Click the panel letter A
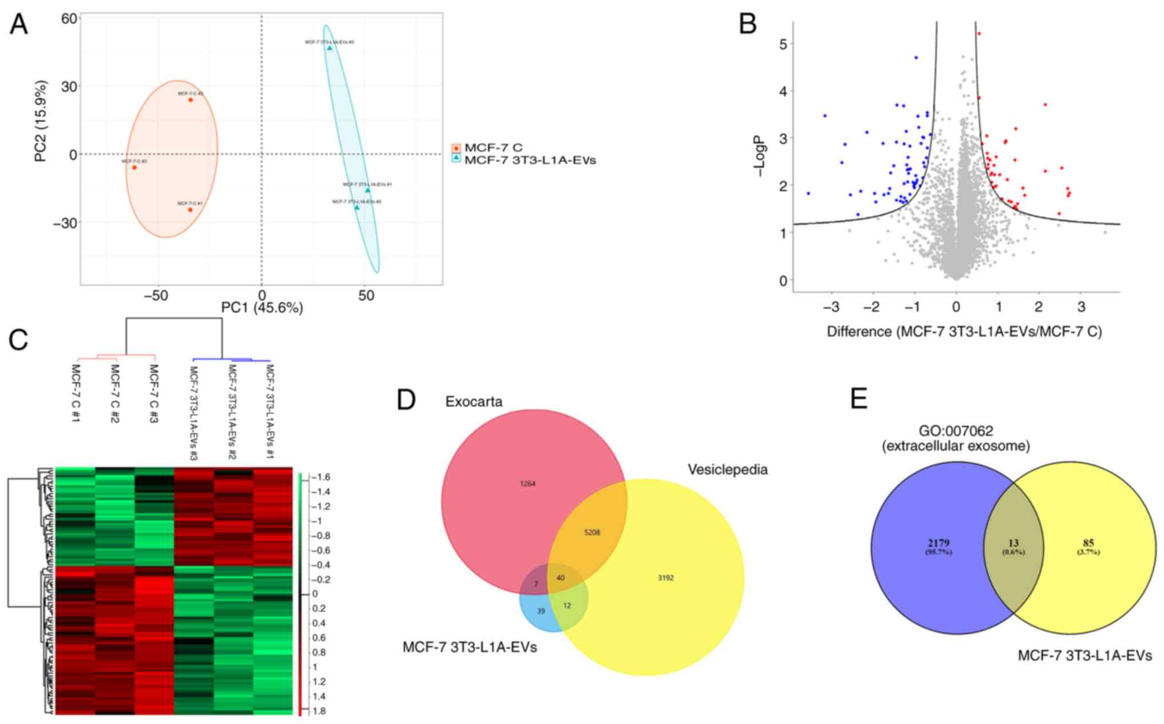pyautogui.click(x=19, y=25)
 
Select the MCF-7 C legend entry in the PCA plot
pyautogui.click(x=493, y=148)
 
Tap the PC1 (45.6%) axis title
pyautogui.click(x=262, y=308)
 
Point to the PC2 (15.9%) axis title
pyautogui.click(x=41, y=120)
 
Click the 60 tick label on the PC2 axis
pyautogui.click(x=69, y=19)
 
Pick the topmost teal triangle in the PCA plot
pyautogui.click(x=329, y=48)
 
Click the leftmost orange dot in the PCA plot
pyautogui.click(x=135, y=167)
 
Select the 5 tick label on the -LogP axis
pyautogui.click(x=782, y=44)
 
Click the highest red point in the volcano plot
pyautogui.click(x=979, y=34)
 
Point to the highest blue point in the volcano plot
pyautogui.click(x=916, y=58)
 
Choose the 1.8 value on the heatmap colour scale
pyautogui.click(x=318, y=711)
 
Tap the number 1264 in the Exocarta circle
pyautogui.click(x=528, y=484)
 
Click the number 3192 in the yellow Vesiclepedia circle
pyautogui.click(x=666, y=578)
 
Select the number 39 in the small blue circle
pyautogui.click(x=541, y=611)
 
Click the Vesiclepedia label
pyautogui.click(x=727, y=469)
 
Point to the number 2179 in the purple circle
pyautogui.click(x=939, y=543)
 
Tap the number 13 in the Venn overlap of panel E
pyautogui.click(x=1013, y=543)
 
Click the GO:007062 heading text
pyautogui.click(x=956, y=431)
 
